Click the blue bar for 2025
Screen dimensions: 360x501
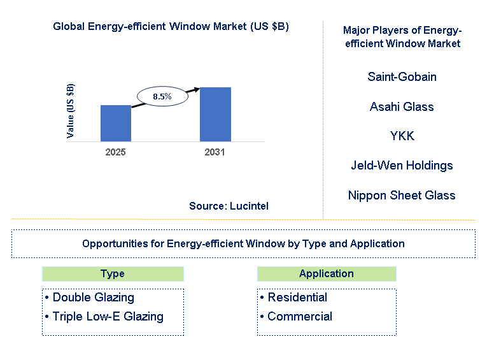[x=116, y=123]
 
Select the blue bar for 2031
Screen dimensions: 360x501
[x=215, y=114]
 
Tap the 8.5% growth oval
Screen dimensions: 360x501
[x=162, y=96]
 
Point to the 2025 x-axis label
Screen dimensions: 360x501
[x=115, y=152]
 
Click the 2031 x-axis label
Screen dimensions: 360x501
[x=215, y=152]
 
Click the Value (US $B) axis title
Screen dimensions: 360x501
[x=71, y=112]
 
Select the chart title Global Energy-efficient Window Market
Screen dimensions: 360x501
[x=171, y=26]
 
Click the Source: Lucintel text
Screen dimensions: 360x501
[x=229, y=206]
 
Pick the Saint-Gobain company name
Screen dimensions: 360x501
[x=402, y=77]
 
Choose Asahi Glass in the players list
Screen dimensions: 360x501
[x=402, y=106]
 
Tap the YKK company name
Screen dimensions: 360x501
[x=402, y=136]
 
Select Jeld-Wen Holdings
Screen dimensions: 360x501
[x=402, y=165]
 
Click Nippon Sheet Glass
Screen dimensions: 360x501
[x=402, y=195]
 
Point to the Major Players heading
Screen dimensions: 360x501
[x=402, y=37]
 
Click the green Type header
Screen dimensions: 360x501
[x=113, y=274]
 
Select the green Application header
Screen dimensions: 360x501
[x=327, y=274]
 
